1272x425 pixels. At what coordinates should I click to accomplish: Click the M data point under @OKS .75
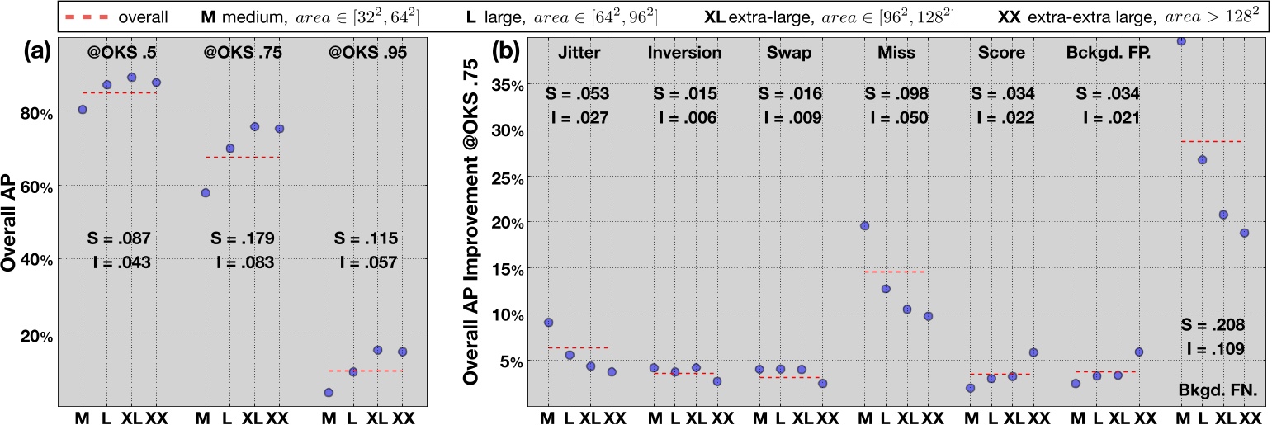point(205,193)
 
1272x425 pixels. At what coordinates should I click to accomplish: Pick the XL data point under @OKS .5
point(132,77)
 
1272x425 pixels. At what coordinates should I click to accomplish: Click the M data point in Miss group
point(864,225)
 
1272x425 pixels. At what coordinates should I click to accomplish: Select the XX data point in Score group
point(1034,352)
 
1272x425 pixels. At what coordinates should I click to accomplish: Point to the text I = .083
point(245,263)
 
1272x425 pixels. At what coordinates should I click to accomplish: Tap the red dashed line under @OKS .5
point(120,92)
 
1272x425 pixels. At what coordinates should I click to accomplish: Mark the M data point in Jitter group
point(548,323)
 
